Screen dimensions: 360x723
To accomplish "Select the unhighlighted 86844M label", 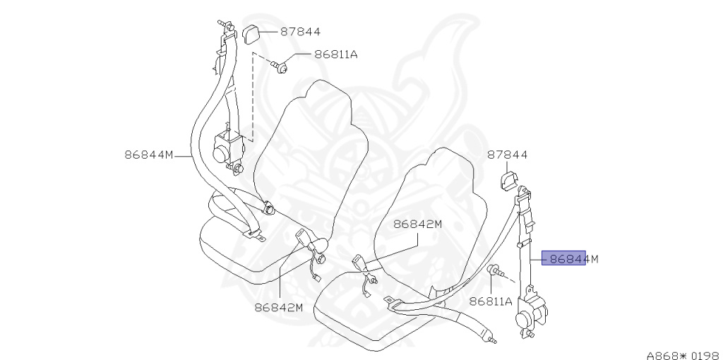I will (x=149, y=154).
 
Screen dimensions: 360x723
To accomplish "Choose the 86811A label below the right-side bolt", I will (x=491, y=301).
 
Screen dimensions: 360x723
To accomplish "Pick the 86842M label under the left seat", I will (x=278, y=307).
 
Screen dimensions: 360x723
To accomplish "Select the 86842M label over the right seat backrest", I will (x=417, y=224).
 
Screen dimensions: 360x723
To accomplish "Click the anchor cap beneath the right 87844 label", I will (x=508, y=181).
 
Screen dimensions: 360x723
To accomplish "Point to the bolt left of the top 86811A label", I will (x=281, y=67).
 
